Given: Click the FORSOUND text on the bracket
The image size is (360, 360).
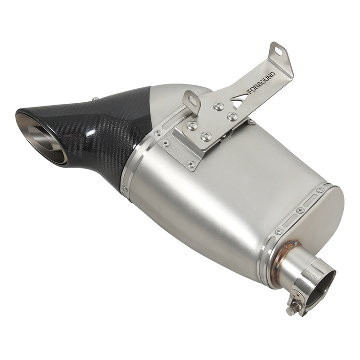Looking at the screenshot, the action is click(262, 83).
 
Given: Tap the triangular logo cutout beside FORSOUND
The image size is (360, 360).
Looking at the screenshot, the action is click(239, 99).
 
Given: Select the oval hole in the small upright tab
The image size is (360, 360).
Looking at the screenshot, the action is click(192, 101).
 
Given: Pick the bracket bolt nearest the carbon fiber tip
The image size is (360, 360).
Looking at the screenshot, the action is click(192, 126).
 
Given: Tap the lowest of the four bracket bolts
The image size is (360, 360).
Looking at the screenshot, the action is click(206, 137).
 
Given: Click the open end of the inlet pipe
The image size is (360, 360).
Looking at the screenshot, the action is click(321, 288).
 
